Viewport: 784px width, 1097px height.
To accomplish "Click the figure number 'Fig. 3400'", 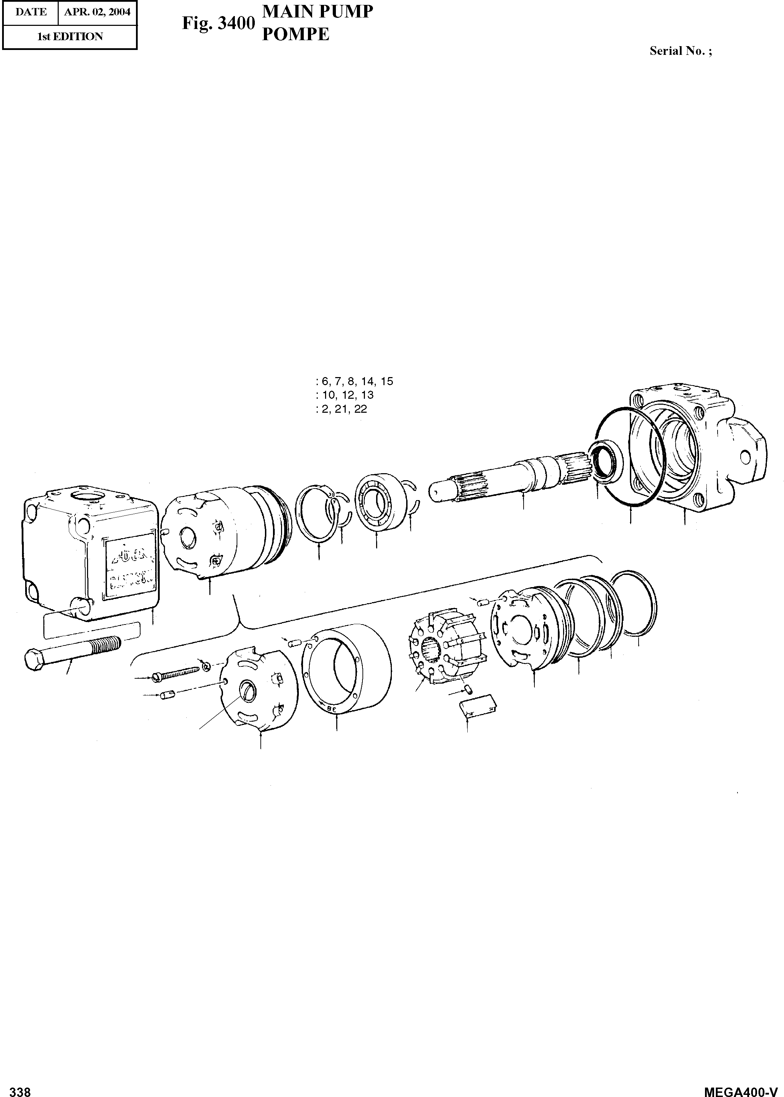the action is click(218, 23).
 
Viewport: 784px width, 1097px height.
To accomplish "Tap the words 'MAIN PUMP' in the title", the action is click(317, 12).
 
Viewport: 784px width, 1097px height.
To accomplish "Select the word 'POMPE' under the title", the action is click(295, 34).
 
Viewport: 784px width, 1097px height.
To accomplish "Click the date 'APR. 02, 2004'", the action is click(98, 12).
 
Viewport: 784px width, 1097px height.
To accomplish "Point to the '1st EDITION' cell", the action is click(70, 37).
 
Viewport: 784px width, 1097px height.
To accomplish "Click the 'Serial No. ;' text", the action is click(681, 51).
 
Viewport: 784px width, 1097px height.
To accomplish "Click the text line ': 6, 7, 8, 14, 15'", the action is click(354, 381).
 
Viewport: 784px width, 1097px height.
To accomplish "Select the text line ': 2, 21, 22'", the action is click(341, 409).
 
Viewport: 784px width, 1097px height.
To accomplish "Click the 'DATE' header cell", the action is click(31, 12).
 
